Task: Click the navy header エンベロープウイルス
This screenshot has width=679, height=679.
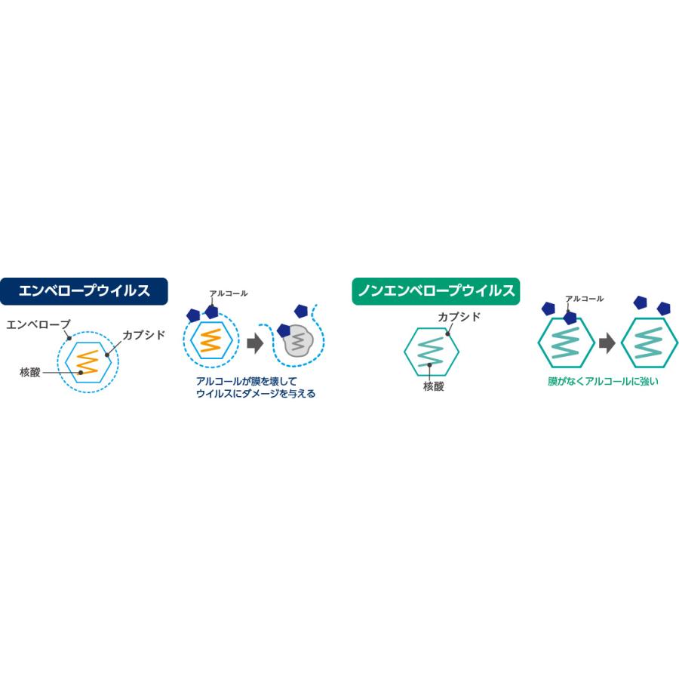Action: pos(84,291)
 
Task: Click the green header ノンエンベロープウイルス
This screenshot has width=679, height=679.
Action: pos(435,291)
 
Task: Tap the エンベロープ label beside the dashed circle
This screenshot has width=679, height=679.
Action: pos(38,324)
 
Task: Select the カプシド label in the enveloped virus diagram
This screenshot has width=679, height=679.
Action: pos(144,335)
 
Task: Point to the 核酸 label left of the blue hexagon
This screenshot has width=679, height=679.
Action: pos(30,372)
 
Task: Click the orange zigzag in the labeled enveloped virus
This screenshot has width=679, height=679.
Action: pos(88,362)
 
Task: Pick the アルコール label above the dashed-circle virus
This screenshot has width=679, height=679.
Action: pos(229,293)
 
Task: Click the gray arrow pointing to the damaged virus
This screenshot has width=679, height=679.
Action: pos(255,344)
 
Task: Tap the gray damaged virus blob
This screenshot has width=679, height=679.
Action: pos(297,341)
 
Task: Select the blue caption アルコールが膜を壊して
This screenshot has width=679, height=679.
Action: pos(247,382)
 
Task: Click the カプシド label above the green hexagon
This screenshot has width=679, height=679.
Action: pos(459,317)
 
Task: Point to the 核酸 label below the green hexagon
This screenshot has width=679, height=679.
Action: pos(434,386)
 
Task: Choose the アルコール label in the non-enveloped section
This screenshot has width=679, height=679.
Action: pos(584,299)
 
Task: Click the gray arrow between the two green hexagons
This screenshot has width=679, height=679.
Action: pos(607,344)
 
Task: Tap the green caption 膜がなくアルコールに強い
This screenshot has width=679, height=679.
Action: pos(603,382)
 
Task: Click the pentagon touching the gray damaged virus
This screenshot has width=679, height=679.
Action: pos(284,331)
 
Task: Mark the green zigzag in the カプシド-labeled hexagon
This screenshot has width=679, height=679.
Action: pos(432,352)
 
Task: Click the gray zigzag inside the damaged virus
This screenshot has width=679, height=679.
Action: pos(298,342)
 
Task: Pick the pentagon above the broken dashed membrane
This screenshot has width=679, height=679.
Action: pos(301,311)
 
